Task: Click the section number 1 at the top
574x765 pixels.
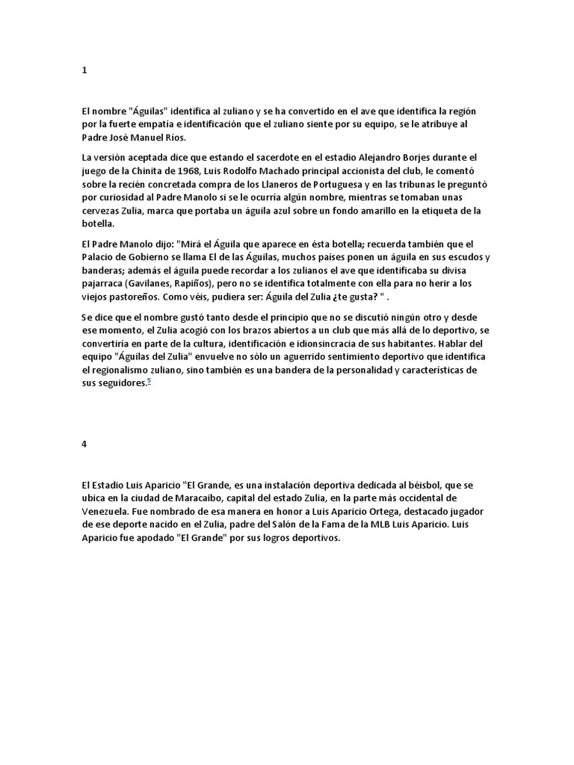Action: tap(84, 70)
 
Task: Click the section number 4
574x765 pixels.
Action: tap(84, 443)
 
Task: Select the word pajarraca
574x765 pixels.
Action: tap(103, 284)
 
